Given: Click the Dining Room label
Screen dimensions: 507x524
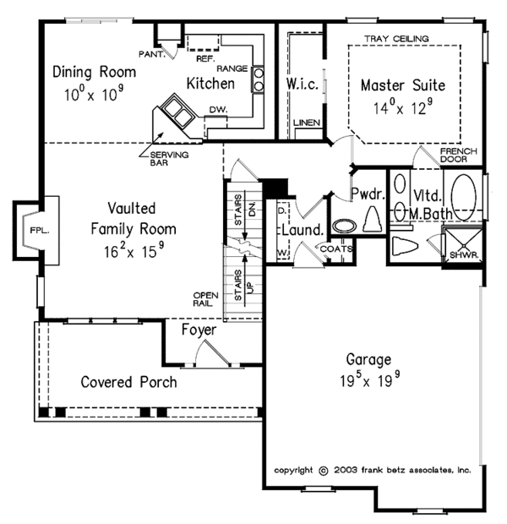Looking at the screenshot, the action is [x=95, y=72].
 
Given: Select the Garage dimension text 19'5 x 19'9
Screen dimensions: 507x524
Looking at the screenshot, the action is [x=369, y=379].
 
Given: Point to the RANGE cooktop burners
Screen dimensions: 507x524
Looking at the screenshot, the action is [x=258, y=79].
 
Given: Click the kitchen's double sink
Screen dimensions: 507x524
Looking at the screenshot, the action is [x=177, y=112].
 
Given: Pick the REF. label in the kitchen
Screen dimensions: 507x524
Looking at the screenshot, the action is [x=205, y=59].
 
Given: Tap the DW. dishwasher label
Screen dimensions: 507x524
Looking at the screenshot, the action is [x=218, y=110].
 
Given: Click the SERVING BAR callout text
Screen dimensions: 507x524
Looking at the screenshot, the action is [x=169, y=159].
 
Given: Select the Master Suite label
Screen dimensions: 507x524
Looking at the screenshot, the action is [x=403, y=85].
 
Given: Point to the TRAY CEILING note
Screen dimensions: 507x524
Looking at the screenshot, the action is [x=396, y=39].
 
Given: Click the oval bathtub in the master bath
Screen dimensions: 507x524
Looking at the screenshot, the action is [x=464, y=197].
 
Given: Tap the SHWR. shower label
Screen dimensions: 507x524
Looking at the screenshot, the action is [x=464, y=255].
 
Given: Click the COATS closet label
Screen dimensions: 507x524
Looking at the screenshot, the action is [x=336, y=249].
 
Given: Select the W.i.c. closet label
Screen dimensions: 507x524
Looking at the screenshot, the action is [x=303, y=85].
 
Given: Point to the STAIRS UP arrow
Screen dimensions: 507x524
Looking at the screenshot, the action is [x=245, y=280].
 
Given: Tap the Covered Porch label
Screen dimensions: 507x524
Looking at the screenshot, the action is [x=128, y=382].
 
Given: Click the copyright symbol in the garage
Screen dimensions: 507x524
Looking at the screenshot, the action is [x=323, y=471].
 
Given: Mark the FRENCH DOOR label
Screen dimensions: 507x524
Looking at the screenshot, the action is [x=459, y=156].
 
